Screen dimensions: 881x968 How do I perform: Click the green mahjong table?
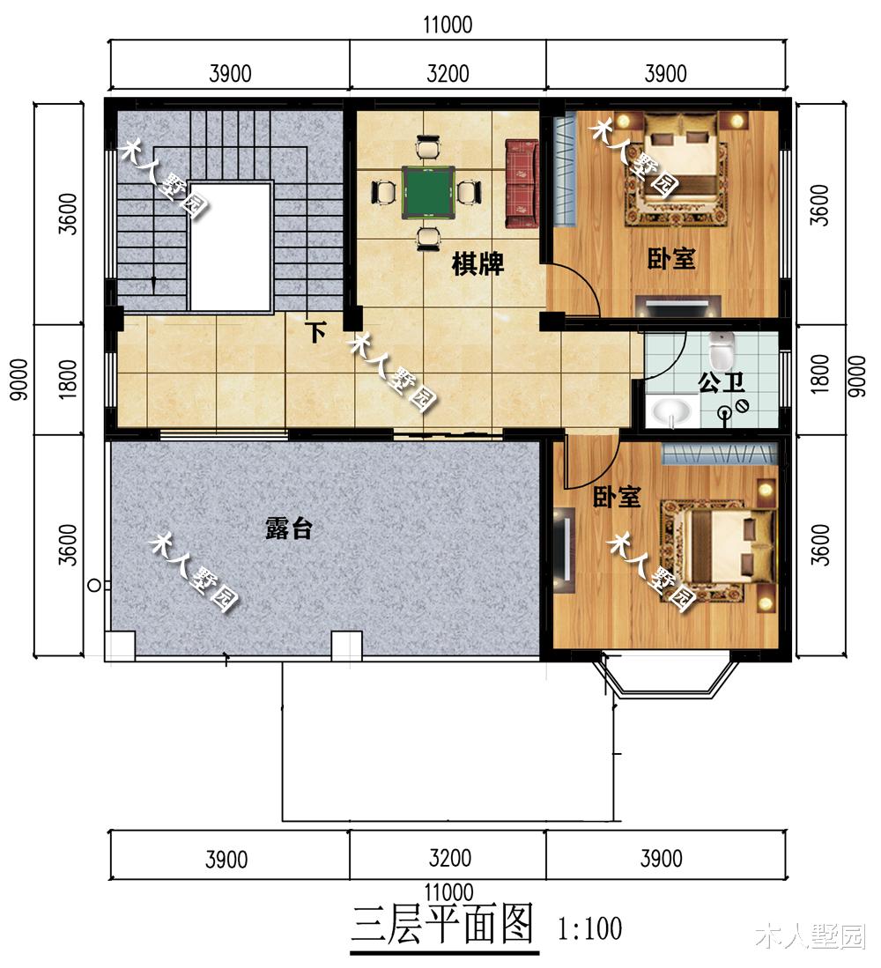(428, 191)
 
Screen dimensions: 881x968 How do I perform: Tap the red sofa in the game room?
(522, 183)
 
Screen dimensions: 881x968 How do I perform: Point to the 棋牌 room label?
(478, 264)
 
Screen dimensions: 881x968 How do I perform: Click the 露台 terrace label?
(289, 528)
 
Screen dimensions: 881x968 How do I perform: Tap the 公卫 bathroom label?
(722, 382)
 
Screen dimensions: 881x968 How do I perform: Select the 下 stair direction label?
(316, 333)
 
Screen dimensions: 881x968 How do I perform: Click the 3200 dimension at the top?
(448, 73)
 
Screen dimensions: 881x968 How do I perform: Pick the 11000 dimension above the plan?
(448, 25)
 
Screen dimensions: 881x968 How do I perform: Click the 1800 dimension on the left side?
(69, 379)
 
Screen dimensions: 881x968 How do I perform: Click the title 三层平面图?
(444, 924)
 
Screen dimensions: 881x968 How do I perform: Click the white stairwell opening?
(230, 246)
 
